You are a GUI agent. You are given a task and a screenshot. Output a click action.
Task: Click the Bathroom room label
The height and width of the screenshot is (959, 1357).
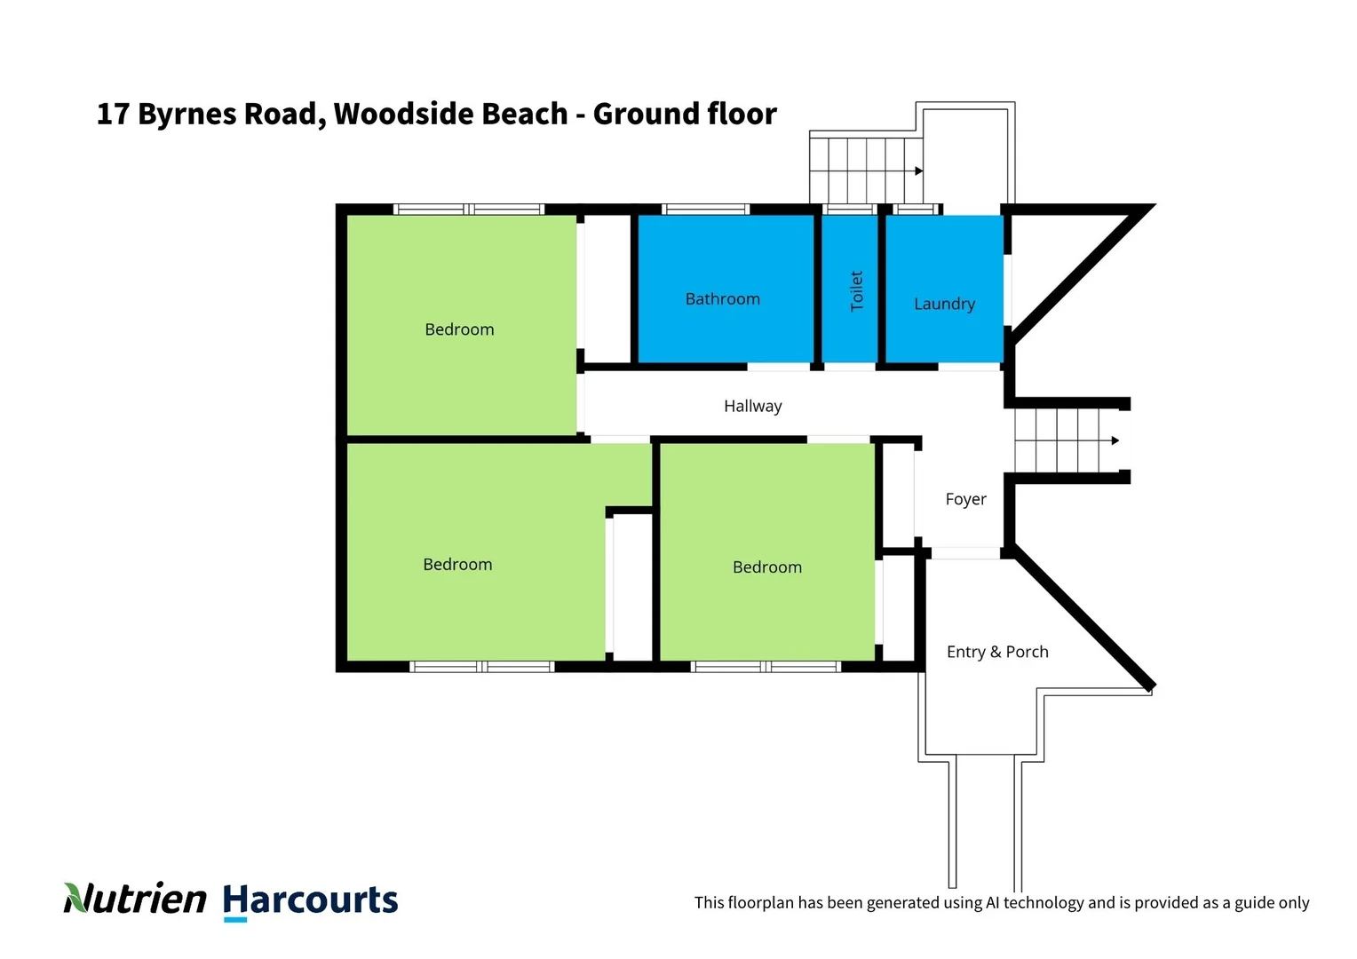click(722, 299)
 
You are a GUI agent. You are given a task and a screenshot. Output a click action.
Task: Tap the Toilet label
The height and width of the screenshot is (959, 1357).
click(857, 290)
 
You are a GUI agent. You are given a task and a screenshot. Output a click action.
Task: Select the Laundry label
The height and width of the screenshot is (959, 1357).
click(944, 304)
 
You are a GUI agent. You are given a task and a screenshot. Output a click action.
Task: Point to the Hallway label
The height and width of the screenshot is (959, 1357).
click(752, 406)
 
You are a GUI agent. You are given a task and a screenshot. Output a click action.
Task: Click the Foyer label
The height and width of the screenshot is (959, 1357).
click(965, 499)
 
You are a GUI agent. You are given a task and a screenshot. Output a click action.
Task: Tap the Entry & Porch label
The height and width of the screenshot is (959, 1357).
click(997, 652)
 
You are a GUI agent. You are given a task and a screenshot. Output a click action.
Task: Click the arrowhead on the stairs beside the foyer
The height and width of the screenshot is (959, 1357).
click(1115, 440)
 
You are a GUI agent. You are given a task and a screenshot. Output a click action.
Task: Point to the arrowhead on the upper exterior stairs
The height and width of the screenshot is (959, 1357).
click(919, 170)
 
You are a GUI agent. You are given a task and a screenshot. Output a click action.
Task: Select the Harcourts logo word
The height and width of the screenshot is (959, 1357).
click(310, 900)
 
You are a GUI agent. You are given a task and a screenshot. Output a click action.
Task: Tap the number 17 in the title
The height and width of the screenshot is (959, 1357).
click(113, 114)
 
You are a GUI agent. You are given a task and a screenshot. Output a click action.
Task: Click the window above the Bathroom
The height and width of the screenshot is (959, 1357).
click(705, 210)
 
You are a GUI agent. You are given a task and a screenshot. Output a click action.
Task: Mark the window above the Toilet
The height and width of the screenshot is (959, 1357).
click(849, 210)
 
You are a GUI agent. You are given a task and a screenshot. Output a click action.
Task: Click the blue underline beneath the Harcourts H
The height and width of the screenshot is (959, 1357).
click(235, 920)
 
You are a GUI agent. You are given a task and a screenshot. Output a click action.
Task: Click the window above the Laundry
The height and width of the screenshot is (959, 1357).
click(917, 210)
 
